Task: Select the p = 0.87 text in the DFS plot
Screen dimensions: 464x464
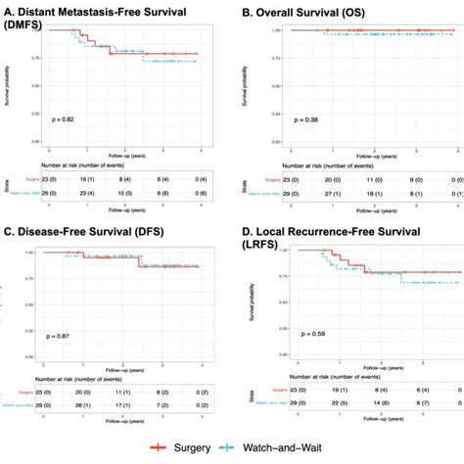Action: (70, 338)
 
